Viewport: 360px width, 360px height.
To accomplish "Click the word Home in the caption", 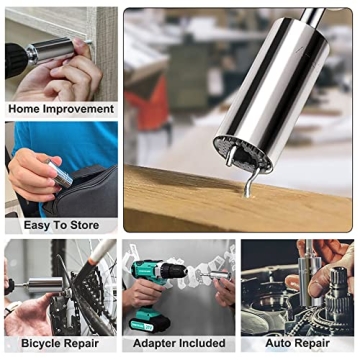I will [25, 108].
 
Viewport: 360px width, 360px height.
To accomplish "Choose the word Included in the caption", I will [203, 344].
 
